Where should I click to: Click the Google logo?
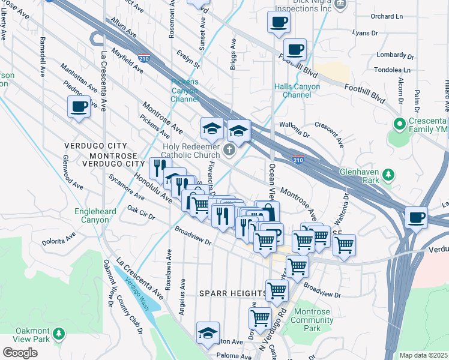click(x=20, y=353)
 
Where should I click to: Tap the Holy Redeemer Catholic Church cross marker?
click(x=229, y=150)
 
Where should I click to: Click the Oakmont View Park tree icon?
click(x=59, y=332)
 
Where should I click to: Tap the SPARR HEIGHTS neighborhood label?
click(x=233, y=293)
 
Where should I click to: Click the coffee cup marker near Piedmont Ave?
click(x=79, y=108)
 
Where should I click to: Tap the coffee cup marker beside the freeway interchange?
click(x=415, y=217)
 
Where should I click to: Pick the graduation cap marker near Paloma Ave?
click(x=208, y=334)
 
